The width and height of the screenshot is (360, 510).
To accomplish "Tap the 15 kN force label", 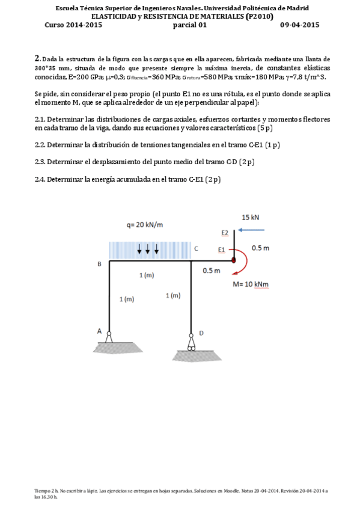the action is [251, 217].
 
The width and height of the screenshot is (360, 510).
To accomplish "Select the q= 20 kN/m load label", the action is [144, 225].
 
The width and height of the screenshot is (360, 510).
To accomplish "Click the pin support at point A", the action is [109, 337].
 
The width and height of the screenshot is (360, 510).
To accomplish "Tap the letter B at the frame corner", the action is [99, 263].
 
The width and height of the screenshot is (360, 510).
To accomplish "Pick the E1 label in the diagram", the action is [222, 249].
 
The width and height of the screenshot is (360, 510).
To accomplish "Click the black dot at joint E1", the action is [233, 260].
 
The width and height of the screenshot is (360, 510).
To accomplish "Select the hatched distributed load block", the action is [149, 250].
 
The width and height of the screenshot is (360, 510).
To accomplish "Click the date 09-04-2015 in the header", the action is [299, 25].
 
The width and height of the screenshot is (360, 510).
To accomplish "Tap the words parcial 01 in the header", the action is [189, 25].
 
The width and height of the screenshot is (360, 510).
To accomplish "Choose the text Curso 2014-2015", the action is [73, 25].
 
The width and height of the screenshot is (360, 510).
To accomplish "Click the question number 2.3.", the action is [40, 162].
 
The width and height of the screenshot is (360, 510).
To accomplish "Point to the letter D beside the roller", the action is [201, 333].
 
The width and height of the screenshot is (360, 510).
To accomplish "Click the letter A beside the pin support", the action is [100, 331].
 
